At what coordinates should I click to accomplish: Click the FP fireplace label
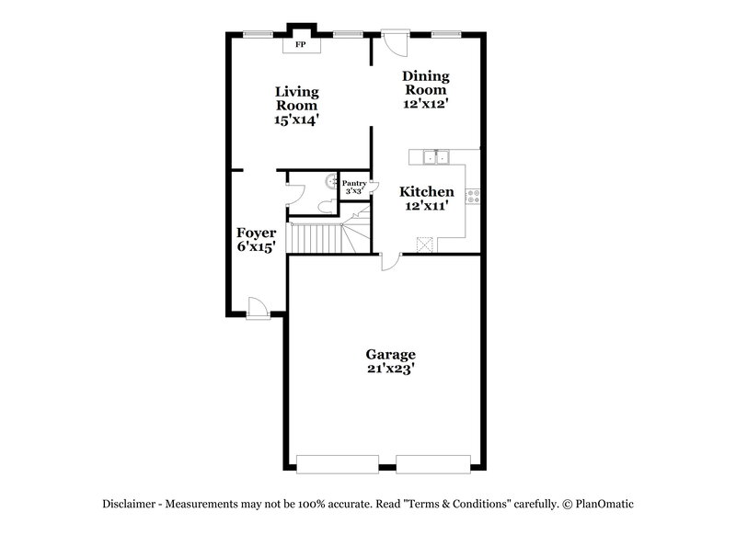coord(300,44)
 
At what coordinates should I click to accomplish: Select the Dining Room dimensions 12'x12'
coord(425,104)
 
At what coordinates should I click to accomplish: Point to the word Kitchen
coord(426,192)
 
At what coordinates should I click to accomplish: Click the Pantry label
coord(354,183)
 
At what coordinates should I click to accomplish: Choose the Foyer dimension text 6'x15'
coord(256,247)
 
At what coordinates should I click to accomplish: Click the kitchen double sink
coord(435,156)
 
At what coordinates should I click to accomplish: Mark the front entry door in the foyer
coord(258,308)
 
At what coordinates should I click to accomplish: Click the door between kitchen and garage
coord(390,262)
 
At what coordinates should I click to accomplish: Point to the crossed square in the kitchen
coord(425,243)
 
